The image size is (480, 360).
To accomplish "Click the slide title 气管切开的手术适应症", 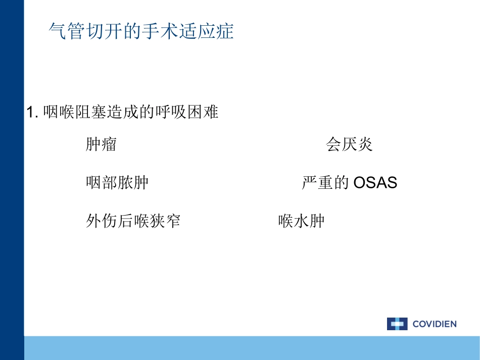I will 141,31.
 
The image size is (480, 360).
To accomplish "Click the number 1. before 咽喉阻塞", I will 33,112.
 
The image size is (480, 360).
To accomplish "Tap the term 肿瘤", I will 101,145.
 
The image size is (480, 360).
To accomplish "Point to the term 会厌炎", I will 349,145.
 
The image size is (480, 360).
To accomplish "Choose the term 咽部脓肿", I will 117,182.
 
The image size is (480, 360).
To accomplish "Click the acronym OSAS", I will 375,182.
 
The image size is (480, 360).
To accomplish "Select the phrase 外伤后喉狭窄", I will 133,221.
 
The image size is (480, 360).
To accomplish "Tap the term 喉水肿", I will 301,221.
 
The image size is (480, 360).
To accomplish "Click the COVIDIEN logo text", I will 434,324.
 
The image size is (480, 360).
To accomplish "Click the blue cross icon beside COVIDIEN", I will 397,324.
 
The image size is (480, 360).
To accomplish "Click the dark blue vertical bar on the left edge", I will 12,177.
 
